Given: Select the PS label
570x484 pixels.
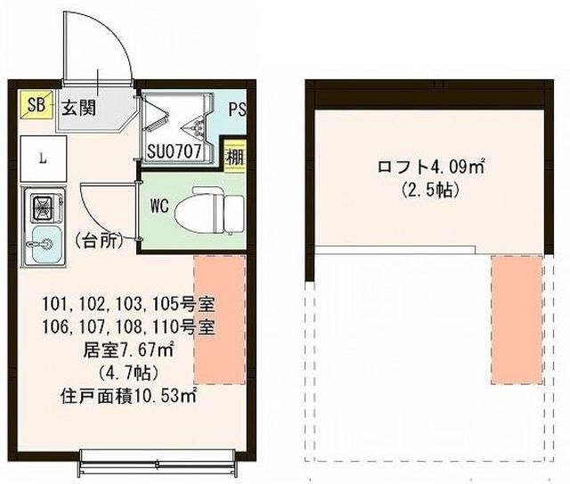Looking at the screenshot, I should click(x=237, y=111).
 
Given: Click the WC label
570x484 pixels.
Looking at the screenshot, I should click(x=159, y=206).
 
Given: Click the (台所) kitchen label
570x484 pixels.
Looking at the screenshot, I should click(x=100, y=240).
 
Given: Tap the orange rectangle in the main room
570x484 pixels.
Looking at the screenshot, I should click(x=219, y=319).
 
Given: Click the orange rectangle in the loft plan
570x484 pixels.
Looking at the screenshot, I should click(x=517, y=319).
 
